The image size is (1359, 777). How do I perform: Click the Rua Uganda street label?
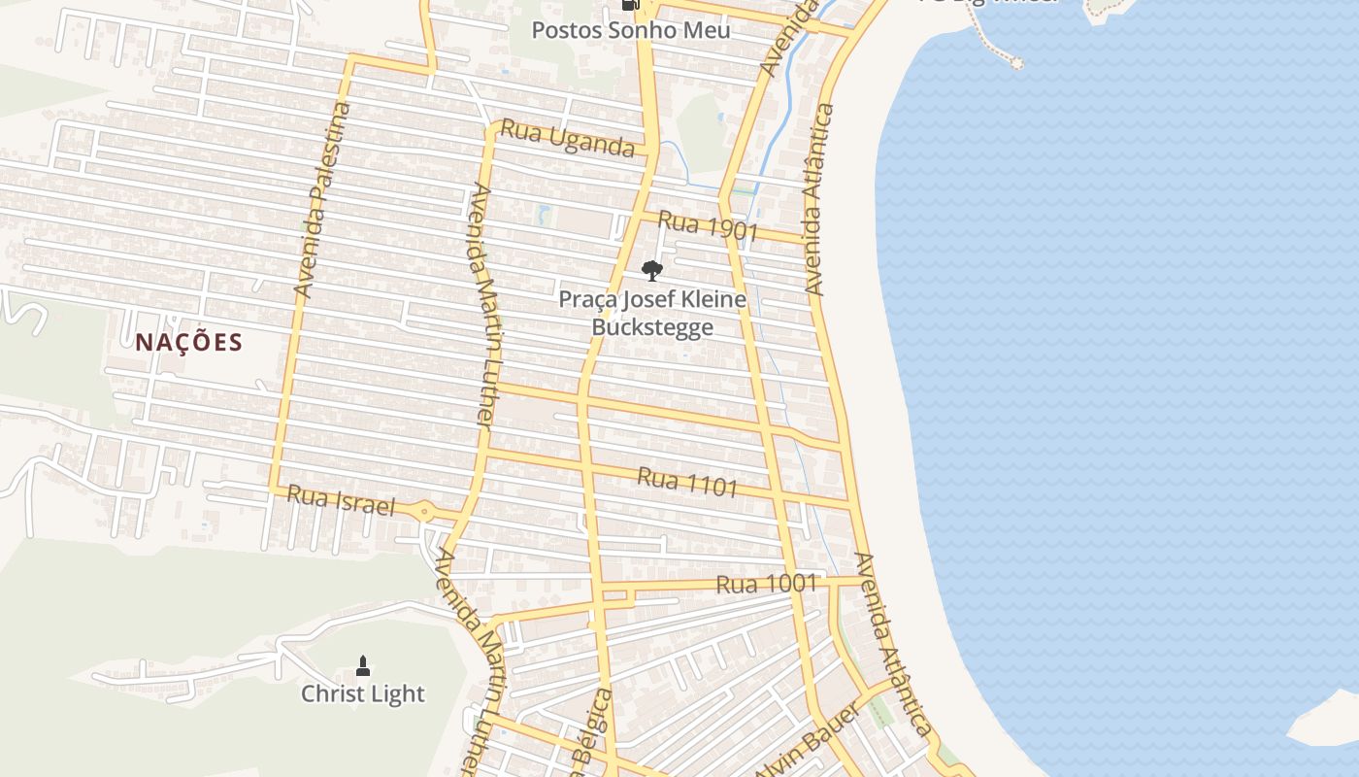(568, 140)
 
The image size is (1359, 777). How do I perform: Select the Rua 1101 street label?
(687, 482)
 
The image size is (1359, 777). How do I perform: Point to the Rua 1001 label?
(766, 584)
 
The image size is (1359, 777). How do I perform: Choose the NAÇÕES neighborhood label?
(188, 342)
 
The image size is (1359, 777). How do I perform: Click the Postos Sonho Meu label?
(630, 30)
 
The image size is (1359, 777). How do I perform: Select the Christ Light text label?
(362, 693)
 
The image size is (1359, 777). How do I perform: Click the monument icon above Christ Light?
(363, 665)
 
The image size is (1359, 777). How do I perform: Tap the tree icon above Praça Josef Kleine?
(652, 270)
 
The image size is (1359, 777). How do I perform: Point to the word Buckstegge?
(652, 327)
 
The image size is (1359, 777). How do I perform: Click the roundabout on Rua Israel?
(425, 511)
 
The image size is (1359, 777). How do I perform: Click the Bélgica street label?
(594, 730)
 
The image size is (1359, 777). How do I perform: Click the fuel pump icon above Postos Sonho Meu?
(630, 5)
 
